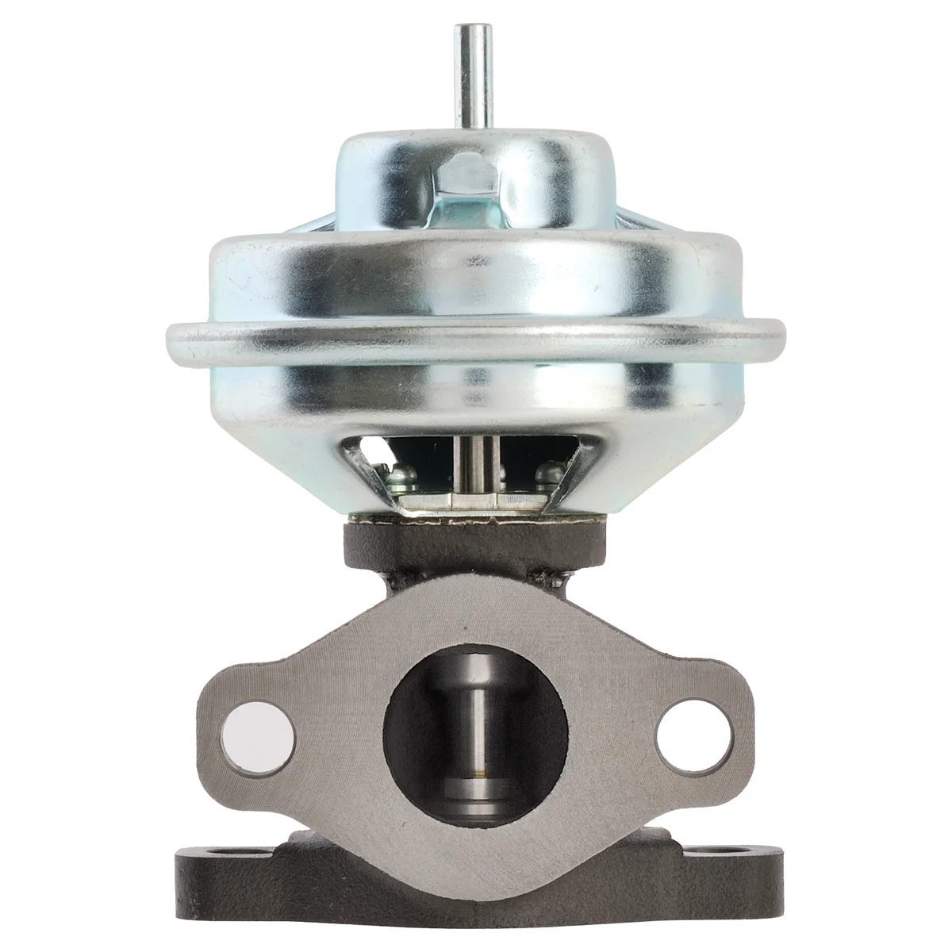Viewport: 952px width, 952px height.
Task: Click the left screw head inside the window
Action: pyautogui.click(x=402, y=478)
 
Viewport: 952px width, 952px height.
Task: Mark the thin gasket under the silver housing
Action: pyautogui.click(x=476, y=519)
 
